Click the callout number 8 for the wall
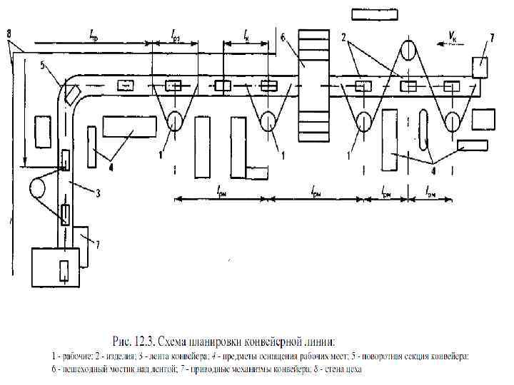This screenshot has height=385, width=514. (9, 33)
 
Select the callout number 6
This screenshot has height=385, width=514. (283, 37)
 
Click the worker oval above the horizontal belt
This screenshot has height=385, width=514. (408, 51)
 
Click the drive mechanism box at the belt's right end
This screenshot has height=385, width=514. (480, 68)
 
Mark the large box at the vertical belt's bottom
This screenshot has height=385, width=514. (56, 265)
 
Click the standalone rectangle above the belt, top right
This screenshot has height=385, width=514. (375, 15)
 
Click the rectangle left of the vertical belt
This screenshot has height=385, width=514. (43, 132)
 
